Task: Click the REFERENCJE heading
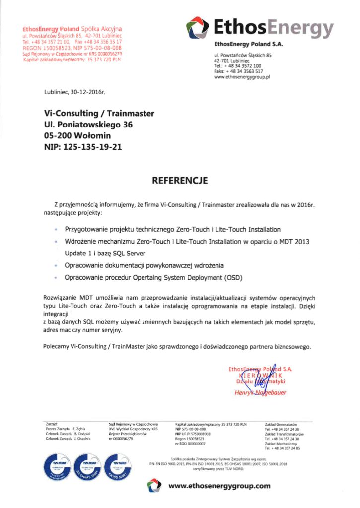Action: pyautogui.click(x=180, y=180)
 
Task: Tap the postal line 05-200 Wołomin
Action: pyautogui.click(x=77, y=135)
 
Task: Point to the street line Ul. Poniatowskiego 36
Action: pyautogui.click(x=88, y=125)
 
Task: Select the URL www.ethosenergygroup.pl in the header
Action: pyautogui.click(x=241, y=77)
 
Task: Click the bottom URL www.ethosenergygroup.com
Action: pyautogui.click(x=219, y=486)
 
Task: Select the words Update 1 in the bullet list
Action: pyautogui.click(x=78, y=254)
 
